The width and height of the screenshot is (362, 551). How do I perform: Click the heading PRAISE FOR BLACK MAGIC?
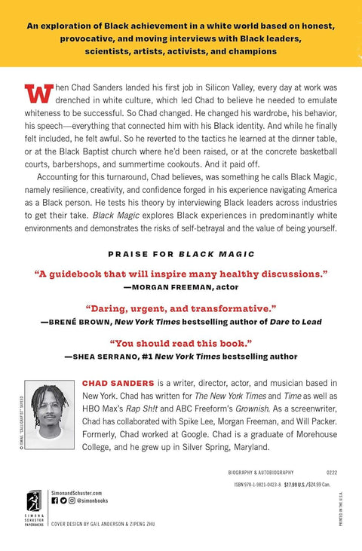pos(181,253)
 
